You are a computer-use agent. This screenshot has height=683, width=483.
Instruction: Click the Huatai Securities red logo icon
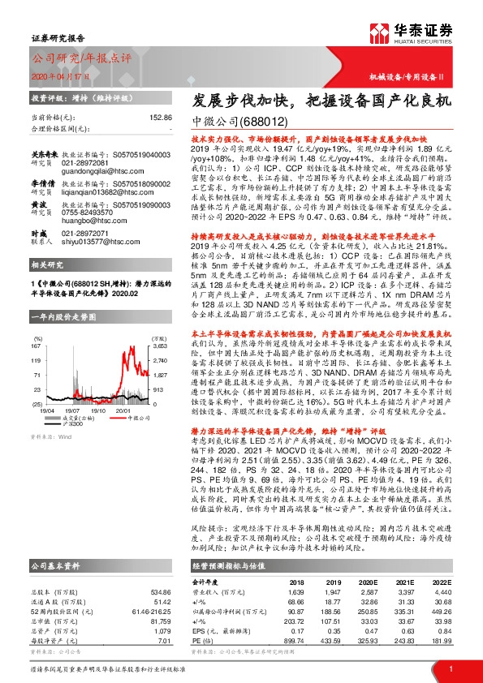point(381,32)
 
